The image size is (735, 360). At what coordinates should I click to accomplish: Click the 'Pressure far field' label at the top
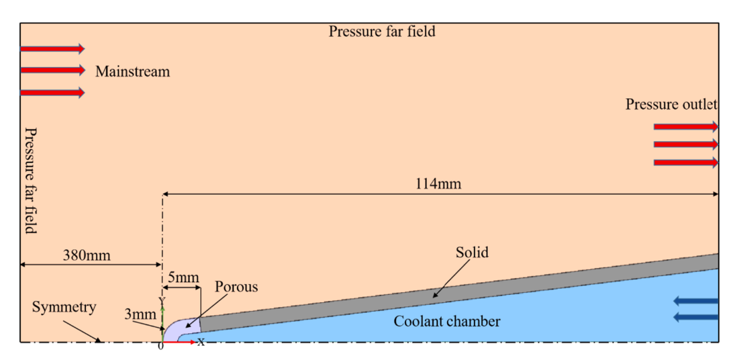[381, 32]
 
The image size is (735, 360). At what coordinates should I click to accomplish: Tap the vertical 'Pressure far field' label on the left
[30, 179]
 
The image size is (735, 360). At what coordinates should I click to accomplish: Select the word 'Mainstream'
[132, 71]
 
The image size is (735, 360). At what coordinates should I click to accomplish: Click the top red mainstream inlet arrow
[52, 49]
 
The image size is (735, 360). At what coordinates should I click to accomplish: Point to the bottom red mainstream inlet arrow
[52, 92]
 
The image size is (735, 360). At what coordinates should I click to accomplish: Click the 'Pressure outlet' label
[671, 104]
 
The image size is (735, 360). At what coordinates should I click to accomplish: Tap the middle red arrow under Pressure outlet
[685, 144]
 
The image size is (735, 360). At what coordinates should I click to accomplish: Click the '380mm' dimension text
[87, 255]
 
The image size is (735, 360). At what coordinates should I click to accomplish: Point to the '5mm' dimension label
[183, 277]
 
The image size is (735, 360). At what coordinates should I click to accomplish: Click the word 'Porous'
[236, 287]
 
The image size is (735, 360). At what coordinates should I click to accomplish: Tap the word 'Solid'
[472, 253]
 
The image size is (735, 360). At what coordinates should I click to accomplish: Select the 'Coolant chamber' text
[446, 321]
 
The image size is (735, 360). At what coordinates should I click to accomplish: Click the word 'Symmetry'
[64, 307]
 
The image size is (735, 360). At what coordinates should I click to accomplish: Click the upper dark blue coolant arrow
[695, 301]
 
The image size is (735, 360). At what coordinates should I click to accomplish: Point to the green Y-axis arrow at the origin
[162, 312]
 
